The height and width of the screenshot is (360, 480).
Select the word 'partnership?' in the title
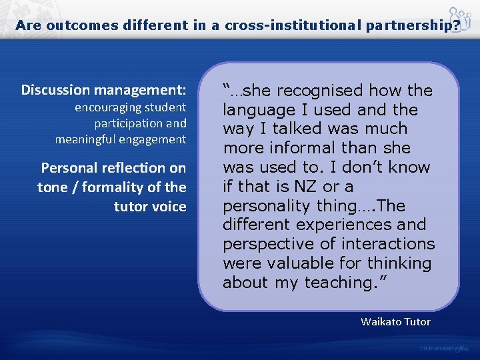tap(414, 25)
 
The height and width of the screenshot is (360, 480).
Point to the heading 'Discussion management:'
tap(103, 89)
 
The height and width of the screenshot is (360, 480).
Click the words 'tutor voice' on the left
tap(150, 207)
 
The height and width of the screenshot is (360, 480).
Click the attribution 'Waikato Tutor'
tap(395, 322)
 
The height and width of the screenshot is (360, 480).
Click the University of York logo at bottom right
tap(445, 348)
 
